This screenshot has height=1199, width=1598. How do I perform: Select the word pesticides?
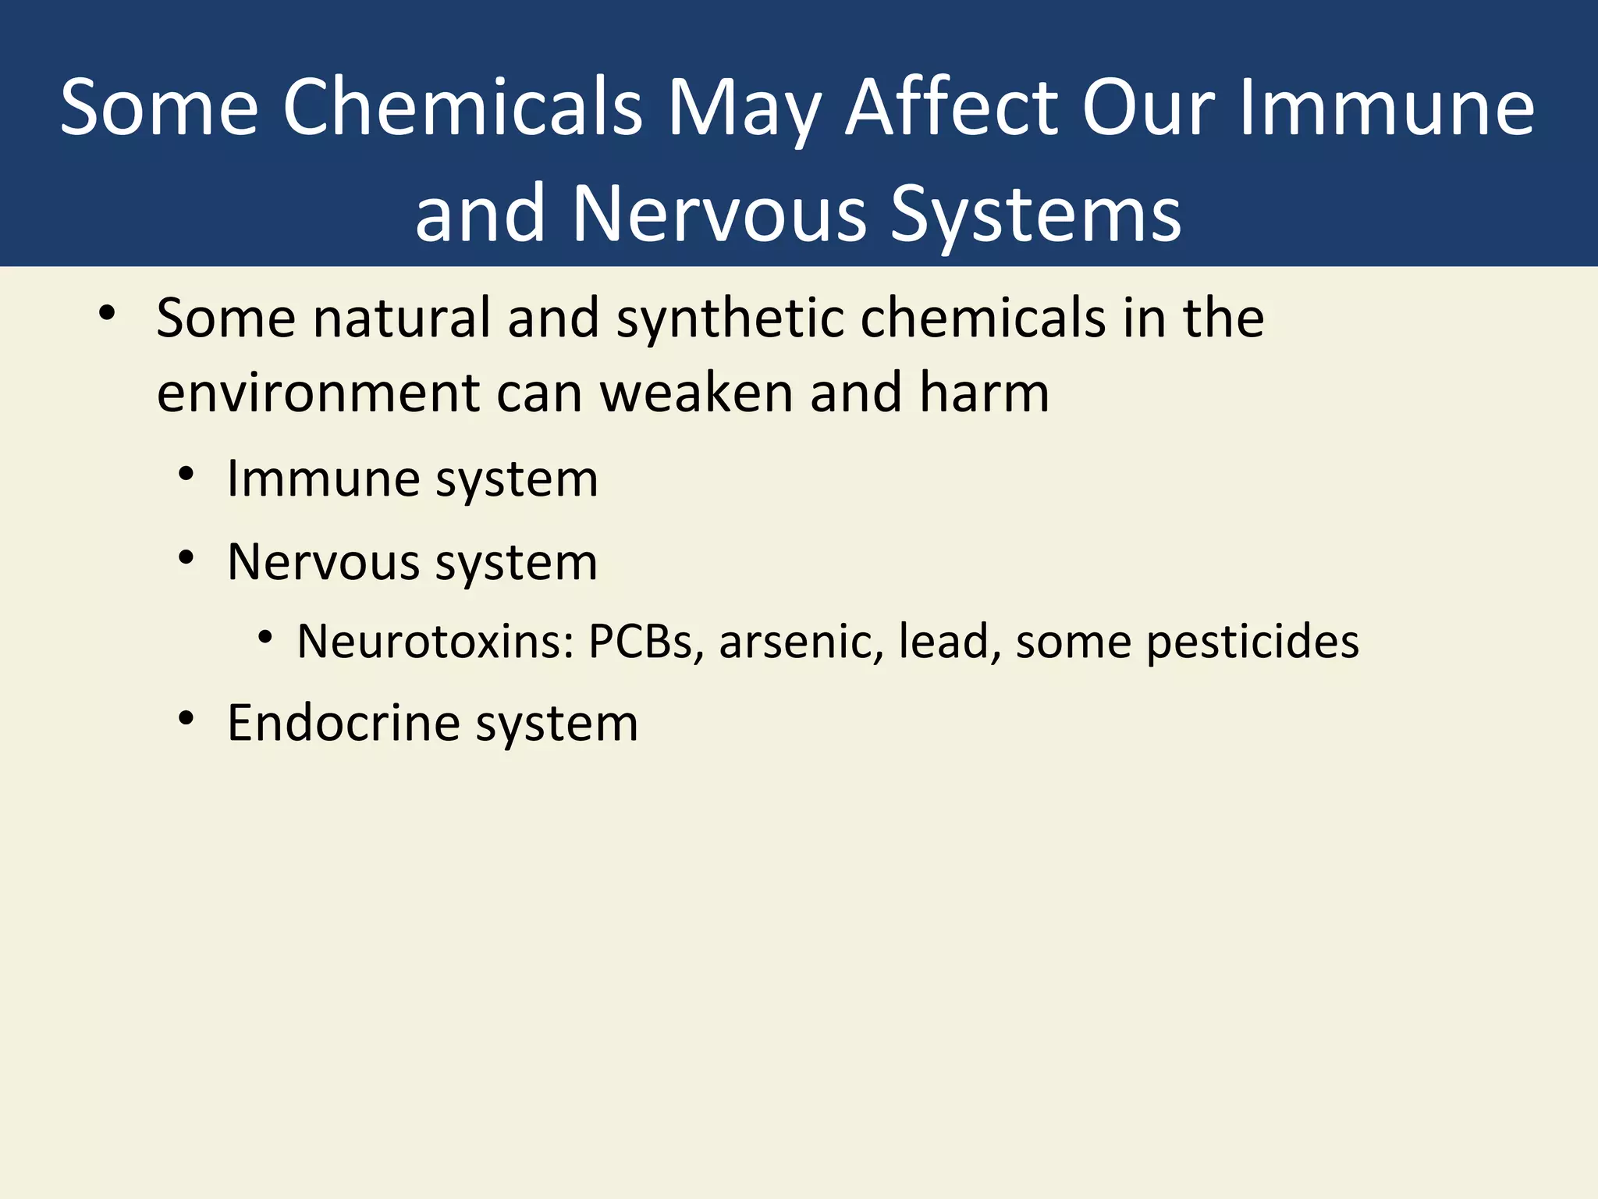pos(1252,642)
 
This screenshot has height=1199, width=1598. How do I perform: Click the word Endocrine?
pos(343,723)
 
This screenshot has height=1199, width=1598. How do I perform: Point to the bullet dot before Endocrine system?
pos(186,719)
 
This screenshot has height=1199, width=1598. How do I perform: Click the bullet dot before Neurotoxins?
pos(265,638)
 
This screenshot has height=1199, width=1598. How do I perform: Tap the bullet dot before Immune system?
pos(186,475)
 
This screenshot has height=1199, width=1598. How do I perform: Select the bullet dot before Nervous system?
pos(186,558)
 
